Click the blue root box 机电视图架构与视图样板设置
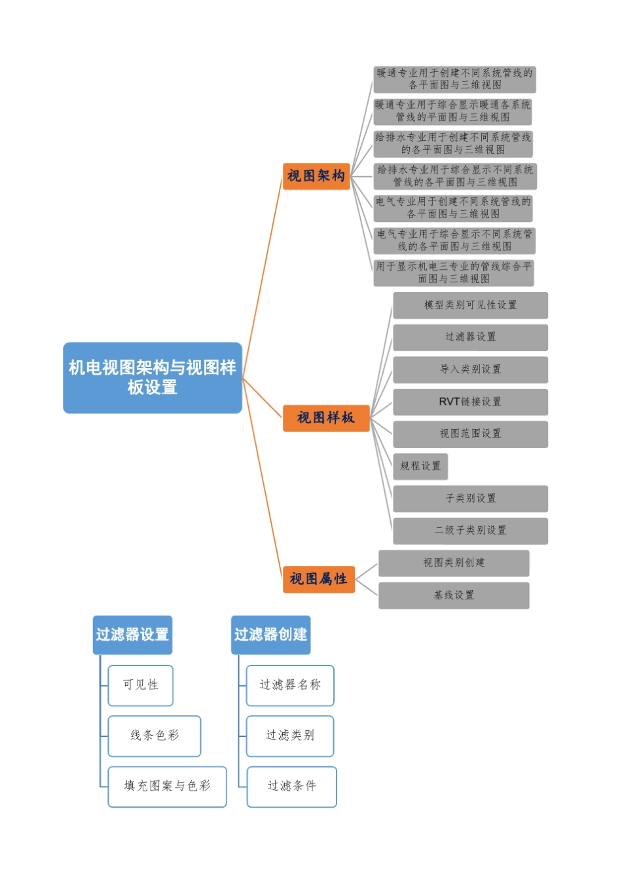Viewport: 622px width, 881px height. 153,378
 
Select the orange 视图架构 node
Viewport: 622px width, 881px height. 316,176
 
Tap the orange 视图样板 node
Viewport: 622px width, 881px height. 326,418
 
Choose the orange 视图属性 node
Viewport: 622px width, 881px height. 318,579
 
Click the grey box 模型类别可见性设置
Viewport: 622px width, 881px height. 470,305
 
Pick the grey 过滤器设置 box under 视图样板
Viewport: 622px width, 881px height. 470,337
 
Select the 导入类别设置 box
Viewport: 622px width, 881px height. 470,369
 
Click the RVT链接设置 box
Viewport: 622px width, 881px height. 470,402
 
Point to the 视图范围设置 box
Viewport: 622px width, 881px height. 470,434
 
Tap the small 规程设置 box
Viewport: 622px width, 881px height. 420,466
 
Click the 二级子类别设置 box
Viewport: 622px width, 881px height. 470,531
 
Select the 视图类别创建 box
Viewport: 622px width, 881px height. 454,563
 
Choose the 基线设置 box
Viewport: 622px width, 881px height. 454,595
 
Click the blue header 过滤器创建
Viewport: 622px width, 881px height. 270,635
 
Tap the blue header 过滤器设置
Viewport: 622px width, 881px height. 132,635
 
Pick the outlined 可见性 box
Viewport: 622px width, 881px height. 141,685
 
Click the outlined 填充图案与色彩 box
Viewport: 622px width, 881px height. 167,786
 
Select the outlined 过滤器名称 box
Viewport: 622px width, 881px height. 290,685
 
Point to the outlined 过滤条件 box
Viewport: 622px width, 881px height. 291,786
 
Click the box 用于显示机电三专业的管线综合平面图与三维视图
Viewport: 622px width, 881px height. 454,272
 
